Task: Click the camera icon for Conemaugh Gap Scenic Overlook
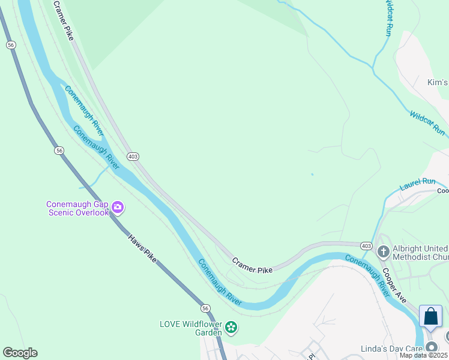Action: click(x=118, y=208)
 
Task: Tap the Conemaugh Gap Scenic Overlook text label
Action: click(x=77, y=208)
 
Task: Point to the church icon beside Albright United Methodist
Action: click(x=384, y=251)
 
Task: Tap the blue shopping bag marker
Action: click(x=431, y=316)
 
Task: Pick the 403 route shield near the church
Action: click(x=366, y=246)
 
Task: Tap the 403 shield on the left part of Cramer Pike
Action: click(x=133, y=156)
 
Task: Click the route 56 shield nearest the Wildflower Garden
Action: click(x=205, y=307)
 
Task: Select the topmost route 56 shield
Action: click(x=11, y=44)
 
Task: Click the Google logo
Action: click(x=20, y=353)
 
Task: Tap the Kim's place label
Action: click(x=438, y=82)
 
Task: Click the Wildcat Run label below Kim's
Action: click(x=427, y=122)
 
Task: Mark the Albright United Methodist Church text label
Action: click(x=420, y=253)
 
